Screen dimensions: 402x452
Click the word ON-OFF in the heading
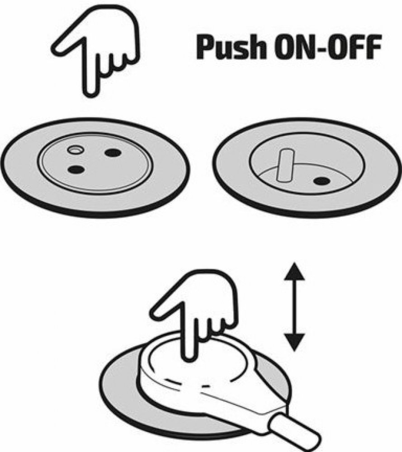328,47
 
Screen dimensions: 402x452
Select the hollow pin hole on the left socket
76,149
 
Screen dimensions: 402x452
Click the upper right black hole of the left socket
113,152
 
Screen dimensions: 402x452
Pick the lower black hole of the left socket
76,169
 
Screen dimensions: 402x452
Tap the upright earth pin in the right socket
284,165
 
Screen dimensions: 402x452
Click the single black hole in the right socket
322,181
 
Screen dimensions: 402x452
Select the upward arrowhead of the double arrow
294,270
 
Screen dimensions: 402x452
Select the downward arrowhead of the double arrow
294,342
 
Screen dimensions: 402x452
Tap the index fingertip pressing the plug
190,355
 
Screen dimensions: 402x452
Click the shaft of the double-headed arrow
294,306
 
